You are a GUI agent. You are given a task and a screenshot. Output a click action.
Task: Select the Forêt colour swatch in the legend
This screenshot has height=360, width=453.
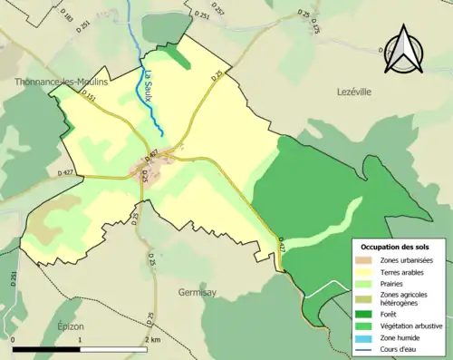(364, 313)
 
